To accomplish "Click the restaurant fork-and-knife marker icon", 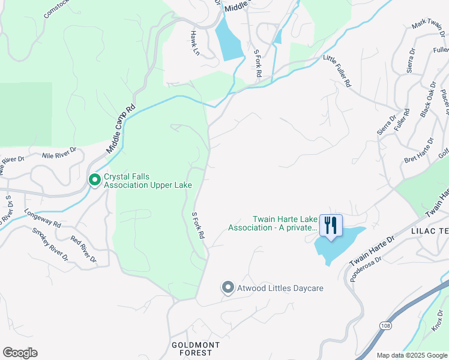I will tap(330, 226).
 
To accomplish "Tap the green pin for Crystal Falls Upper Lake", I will tap(94, 180).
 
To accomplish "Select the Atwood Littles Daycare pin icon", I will tap(228, 288).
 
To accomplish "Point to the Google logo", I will tap(20, 353).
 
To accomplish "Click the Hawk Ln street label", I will tap(194, 43).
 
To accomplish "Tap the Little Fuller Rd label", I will tap(337, 71).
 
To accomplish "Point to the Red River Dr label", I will tap(83, 249).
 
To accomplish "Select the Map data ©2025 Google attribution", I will tap(411, 355).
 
